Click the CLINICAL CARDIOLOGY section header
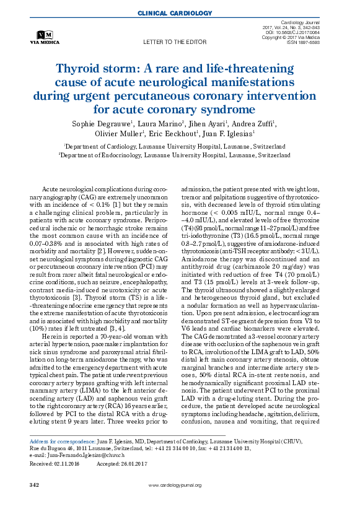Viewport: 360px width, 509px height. pyautogui.click(x=180, y=12)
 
